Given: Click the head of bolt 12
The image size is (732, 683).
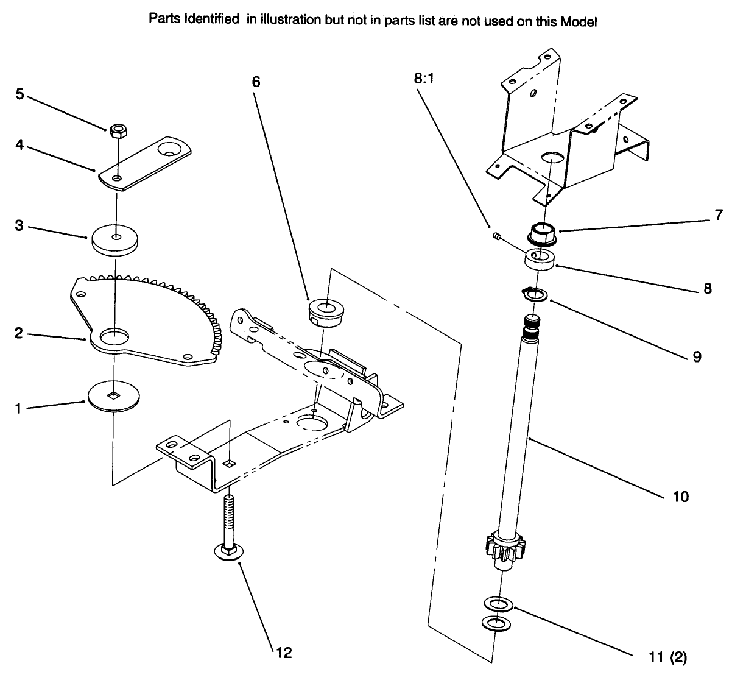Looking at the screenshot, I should click(x=227, y=553).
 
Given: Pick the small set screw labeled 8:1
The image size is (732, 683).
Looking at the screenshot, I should click(x=496, y=236).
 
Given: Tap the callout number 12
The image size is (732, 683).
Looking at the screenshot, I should click(x=283, y=653).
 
